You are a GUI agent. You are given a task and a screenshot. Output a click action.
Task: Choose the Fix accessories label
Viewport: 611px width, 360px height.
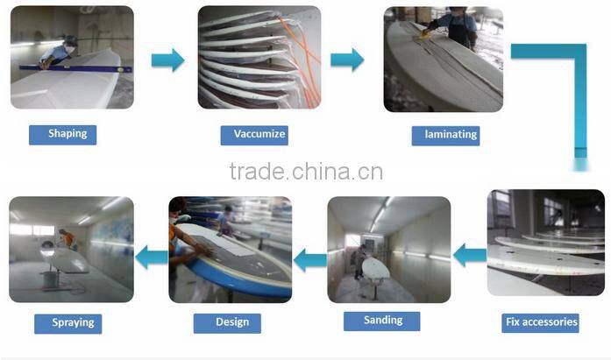tap(541, 322)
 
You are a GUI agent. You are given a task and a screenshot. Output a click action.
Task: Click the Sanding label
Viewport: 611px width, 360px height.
tap(382, 321)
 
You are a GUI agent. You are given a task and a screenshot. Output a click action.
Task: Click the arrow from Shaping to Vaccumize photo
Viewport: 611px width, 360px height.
tap(168, 60)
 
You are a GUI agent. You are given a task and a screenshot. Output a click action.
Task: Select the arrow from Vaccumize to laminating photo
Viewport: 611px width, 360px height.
tap(347, 60)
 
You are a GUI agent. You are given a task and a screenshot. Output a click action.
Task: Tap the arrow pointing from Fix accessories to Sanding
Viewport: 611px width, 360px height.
tap(471, 255)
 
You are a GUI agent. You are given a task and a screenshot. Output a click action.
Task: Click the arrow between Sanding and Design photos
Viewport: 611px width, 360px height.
tap(310, 260)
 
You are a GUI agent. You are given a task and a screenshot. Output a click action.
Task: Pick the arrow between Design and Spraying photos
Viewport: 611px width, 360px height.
tap(152, 258)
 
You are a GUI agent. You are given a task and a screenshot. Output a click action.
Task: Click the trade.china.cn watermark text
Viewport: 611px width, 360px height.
tap(306, 172)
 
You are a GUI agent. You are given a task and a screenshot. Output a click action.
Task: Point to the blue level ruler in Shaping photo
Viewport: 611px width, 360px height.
tap(76, 69)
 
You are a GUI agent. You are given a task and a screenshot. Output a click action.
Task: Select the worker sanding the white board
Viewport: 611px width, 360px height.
tap(359, 262)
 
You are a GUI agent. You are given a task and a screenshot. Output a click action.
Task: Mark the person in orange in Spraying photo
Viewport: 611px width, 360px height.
tap(67, 238)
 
